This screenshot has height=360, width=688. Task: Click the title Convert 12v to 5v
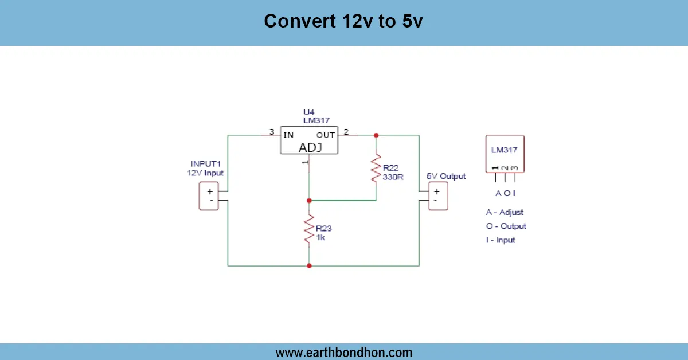(343, 21)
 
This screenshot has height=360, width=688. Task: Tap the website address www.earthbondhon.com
(343, 352)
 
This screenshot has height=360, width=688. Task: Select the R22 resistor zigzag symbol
(376, 167)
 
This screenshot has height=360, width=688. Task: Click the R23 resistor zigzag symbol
(309, 228)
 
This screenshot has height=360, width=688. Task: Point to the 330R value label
(394, 177)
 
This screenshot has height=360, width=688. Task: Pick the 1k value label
(320, 237)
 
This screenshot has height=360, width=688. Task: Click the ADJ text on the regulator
(310, 147)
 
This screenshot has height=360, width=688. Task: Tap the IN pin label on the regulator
(288, 135)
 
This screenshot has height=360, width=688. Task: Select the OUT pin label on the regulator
(326, 135)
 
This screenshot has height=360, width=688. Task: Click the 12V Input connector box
(209, 196)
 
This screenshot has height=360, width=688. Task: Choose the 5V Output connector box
(438, 196)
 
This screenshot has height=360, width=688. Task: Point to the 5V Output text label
(446, 176)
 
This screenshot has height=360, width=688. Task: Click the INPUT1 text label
(205, 163)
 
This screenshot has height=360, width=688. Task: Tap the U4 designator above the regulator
(309, 112)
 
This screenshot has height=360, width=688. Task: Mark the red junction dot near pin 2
(376, 135)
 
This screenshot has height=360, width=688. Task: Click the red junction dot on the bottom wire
(309, 265)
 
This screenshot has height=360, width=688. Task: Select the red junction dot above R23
(309, 201)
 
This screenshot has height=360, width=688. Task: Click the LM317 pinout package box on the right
(505, 153)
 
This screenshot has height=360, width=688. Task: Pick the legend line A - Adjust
(505, 212)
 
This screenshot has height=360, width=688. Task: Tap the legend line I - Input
(501, 240)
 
